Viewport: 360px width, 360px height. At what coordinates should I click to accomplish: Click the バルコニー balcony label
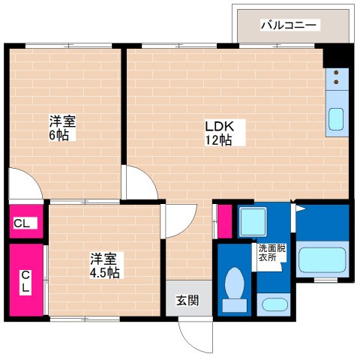pos(289,25)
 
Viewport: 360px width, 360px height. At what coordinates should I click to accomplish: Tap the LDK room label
pos(220,125)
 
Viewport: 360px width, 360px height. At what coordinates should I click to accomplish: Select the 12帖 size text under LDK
pos(220,140)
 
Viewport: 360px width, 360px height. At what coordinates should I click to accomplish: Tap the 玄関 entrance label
pos(187,301)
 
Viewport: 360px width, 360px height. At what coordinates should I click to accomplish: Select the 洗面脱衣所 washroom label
pos(272,253)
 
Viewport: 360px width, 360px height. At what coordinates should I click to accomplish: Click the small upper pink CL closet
pos(22,223)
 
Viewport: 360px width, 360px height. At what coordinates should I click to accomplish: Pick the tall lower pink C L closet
pos(24,280)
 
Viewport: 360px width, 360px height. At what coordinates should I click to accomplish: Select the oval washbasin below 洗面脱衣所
pos(273,306)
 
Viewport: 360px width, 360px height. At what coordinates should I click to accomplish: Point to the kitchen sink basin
pos(337,119)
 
